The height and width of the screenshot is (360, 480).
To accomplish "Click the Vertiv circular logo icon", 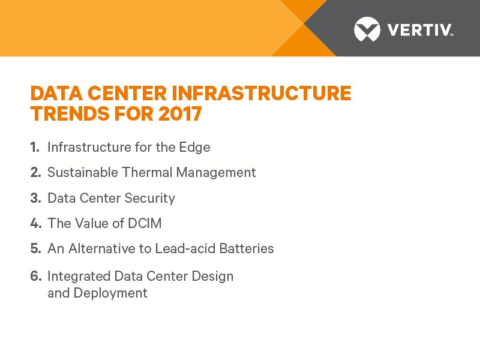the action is [x=367, y=29].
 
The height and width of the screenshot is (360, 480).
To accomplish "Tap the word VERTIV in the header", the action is [x=419, y=30].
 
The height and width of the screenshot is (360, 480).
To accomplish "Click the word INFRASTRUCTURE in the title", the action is [x=261, y=93].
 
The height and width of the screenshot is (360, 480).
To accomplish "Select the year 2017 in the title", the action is [x=180, y=113].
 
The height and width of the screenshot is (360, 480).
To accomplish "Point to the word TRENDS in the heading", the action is [x=70, y=113].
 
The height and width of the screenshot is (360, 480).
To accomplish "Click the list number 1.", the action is [x=35, y=147].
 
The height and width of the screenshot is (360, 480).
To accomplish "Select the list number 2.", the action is [x=35, y=172].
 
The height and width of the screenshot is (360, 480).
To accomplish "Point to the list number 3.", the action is [x=35, y=198].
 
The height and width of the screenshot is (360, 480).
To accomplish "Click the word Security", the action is [x=149, y=199].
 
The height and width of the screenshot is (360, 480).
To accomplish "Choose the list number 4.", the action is [x=35, y=223].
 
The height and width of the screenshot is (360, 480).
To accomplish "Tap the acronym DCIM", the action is [x=145, y=223].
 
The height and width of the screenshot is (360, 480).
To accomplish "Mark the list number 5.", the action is [x=35, y=248].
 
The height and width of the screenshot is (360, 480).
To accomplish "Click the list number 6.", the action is [x=35, y=276].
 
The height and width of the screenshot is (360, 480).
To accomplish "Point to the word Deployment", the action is [x=110, y=293].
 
